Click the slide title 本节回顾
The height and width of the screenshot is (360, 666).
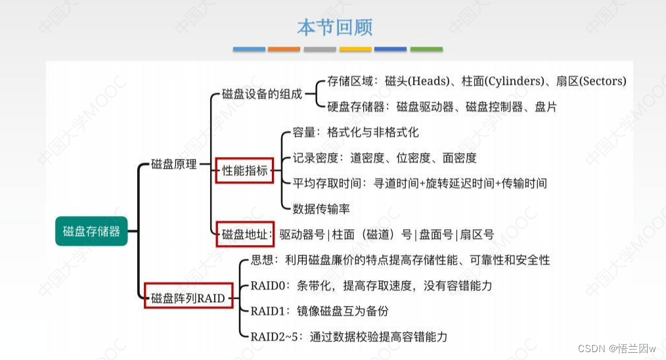coord(334,28)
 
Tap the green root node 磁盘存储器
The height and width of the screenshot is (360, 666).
coord(91,231)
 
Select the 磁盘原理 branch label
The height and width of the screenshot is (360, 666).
coord(174,164)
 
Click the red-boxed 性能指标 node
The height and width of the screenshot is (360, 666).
coord(244,171)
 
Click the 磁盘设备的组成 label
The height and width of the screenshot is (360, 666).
coord(262,94)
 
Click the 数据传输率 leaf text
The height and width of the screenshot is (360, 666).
coord(321,209)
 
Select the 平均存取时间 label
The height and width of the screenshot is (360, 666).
coord(325,183)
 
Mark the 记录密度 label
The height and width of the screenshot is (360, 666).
coord(315,158)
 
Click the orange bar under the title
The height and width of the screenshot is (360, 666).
coord(284,49)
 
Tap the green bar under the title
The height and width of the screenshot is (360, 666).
coord(426,49)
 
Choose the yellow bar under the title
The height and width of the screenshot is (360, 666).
coord(355,49)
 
